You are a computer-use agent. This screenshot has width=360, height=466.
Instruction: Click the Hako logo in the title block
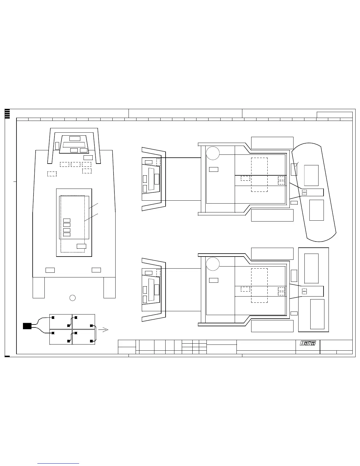coord(307,343)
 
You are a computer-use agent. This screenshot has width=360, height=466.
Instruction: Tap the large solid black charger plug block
coord(27,326)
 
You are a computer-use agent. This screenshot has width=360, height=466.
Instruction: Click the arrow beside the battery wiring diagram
coord(103,330)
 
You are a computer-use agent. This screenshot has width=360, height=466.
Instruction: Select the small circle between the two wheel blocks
coord(72,298)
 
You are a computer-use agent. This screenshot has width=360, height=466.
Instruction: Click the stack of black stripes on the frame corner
coord(7,114)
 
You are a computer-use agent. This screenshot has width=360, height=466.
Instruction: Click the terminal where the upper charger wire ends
coord(53,318)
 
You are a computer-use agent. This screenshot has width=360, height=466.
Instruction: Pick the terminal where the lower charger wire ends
coord(53,333)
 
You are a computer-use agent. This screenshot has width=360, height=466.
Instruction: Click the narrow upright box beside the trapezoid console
coord(57,146)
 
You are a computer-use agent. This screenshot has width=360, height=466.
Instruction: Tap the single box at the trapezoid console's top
coord(75,139)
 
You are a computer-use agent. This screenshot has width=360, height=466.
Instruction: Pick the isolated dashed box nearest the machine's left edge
coord(52,174)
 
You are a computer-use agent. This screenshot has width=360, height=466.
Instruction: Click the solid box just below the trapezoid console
coord(88,158)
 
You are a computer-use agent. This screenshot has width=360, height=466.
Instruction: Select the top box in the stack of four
coord(67,220)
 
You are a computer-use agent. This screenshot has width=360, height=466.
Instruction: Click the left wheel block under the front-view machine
coord(39,288)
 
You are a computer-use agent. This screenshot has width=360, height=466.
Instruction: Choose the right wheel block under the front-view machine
coord(110,288)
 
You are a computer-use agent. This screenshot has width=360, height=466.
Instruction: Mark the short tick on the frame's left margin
coord(15,182)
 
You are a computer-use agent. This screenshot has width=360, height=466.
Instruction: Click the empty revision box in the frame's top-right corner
coord(335,115)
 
